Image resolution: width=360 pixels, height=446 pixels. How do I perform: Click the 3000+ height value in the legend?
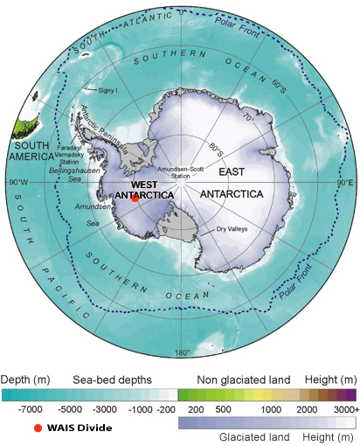342,408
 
